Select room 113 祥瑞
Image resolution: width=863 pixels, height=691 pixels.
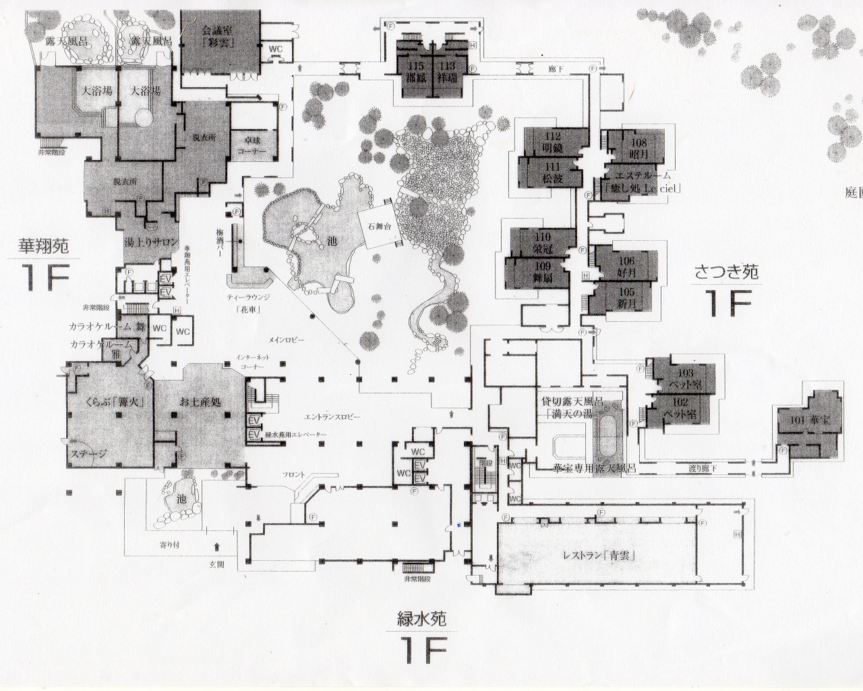tap(447, 72)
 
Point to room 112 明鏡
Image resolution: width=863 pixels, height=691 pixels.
tap(552, 142)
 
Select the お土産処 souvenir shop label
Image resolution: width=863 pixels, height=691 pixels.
tap(200, 401)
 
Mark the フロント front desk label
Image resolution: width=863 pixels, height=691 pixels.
tap(295, 475)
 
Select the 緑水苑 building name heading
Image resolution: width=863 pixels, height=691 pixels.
tap(422, 617)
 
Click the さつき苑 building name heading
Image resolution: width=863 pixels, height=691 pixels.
tap(727, 272)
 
